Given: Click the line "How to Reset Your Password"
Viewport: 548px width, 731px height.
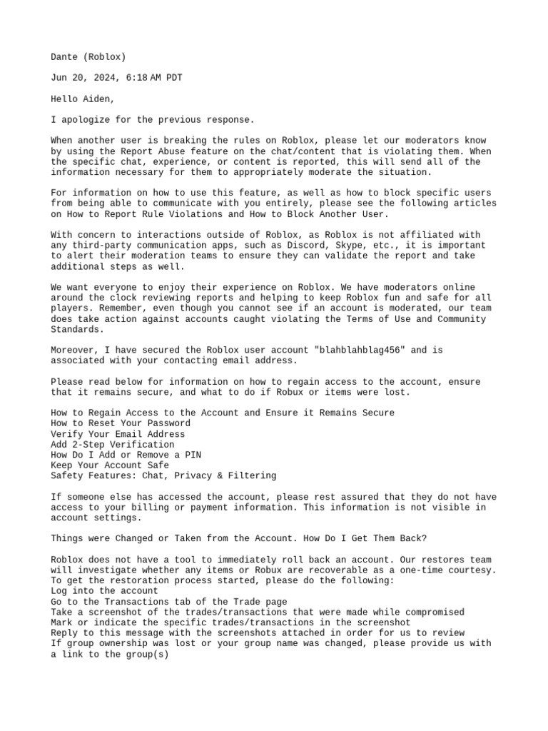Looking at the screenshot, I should pyautogui.click(x=121, y=423).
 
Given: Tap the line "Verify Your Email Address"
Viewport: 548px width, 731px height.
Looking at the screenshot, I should pyautogui.click(x=118, y=434).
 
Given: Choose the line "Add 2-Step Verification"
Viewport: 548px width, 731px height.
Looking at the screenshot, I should pyautogui.click(x=113, y=444).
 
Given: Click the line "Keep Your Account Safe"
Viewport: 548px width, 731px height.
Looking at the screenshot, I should pyautogui.click(x=110, y=465).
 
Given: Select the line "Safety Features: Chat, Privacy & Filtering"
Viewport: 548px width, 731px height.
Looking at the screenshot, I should pyautogui.click(x=163, y=475).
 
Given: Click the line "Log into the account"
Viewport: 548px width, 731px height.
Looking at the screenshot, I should pyautogui.click(x=104, y=591).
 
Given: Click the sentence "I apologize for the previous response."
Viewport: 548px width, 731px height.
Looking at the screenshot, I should pyautogui.click(x=152, y=120).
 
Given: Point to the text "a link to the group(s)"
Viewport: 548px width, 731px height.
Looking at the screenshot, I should pyautogui.click(x=110, y=654).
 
